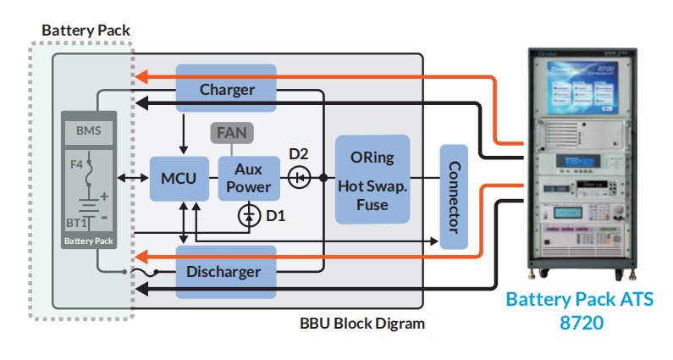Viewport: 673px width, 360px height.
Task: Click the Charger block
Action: pyautogui.click(x=226, y=88)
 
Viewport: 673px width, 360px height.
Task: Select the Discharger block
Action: pyautogui.click(x=226, y=272)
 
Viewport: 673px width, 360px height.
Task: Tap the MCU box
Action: pyautogui.click(x=179, y=179)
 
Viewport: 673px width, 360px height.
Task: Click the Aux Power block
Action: pyautogui.click(x=248, y=179)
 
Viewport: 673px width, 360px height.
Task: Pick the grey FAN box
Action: pyautogui.click(x=232, y=133)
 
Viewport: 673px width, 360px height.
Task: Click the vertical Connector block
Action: pyautogui.click(x=454, y=197)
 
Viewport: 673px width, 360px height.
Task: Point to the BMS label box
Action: pyautogui.click(x=89, y=132)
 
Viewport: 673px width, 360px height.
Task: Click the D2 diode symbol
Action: pyautogui.click(x=299, y=178)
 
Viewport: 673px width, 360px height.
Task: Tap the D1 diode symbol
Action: pyautogui.click(x=248, y=216)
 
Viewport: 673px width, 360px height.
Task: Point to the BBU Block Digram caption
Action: pyautogui.click(x=361, y=324)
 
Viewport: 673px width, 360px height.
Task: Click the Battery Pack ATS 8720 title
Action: pyautogui.click(x=579, y=311)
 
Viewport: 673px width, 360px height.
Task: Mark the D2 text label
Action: pyautogui.click(x=299, y=154)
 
